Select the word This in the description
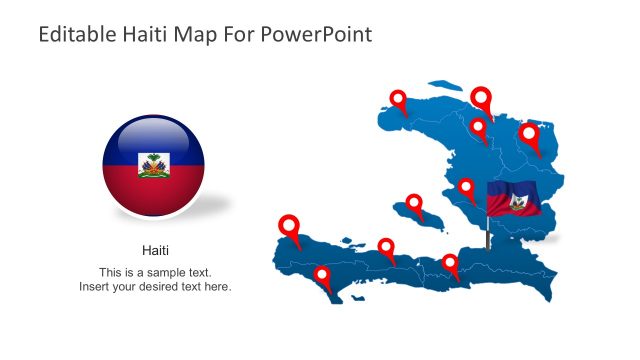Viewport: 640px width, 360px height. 110,272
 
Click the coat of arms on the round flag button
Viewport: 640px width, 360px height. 153,165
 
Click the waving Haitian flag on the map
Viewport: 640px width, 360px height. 514,199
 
